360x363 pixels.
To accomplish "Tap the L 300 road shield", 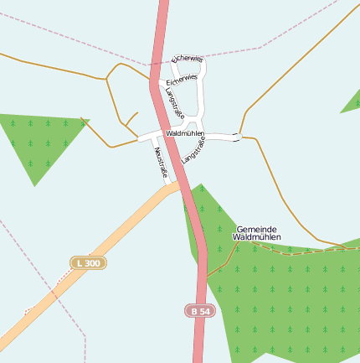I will pyautogui.click(x=88, y=263).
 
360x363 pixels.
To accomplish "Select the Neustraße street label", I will pyautogui.click(x=162, y=162).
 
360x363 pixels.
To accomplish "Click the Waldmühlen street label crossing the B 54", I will pyautogui.click(x=186, y=133).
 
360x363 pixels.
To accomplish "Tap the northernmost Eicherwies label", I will pyautogui.click(x=187, y=59).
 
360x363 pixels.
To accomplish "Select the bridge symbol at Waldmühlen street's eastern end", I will pyautogui.click(x=237, y=137).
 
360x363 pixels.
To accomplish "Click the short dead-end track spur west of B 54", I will pyautogui.click(x=131, y=117).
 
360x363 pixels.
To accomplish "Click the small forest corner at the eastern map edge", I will pyautogui.click(x=352, y=101).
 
